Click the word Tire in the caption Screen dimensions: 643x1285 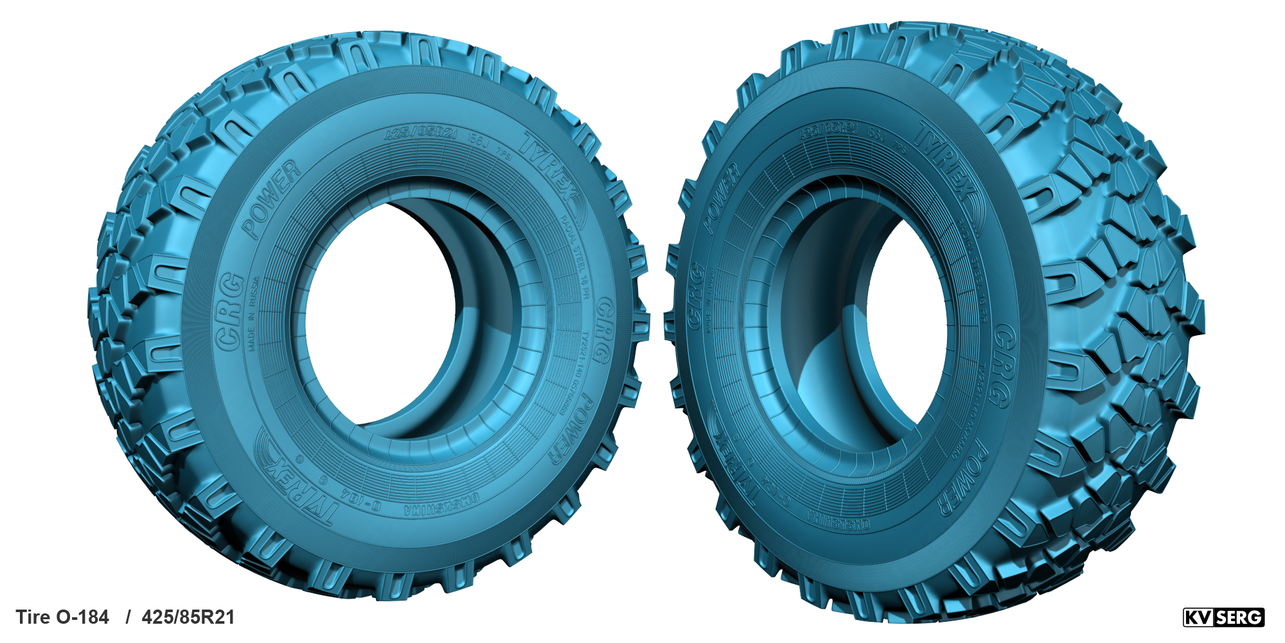(x=32, y=617)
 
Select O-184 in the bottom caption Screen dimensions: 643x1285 (x=83, y=617)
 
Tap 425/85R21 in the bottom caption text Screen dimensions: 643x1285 (x=188, y=617)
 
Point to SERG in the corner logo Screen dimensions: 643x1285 (x=1239, y=618)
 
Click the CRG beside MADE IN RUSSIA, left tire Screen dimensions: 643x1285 (x=230, y=312)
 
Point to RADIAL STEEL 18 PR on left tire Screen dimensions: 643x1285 (x=575, y=257)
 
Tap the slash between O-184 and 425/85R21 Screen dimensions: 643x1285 (x=128, y=617)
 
